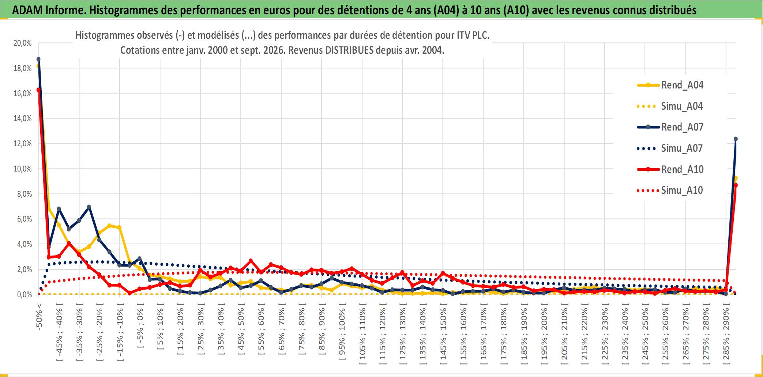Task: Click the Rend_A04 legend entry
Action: [670, 85]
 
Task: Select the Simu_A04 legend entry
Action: [670, 106]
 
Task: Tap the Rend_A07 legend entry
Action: [670, 127]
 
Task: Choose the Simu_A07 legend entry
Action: [670, 148]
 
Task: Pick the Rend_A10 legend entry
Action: [670, 169]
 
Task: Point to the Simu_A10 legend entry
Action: [670, 191]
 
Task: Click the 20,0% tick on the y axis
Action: [23, 43]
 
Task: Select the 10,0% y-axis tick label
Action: [23, 169]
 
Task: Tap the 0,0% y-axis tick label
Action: [24, 295]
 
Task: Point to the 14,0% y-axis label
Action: [23, 118]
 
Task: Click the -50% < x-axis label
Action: [39, 317]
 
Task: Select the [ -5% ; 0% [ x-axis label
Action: [140, 325]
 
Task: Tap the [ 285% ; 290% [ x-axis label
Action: [726, 333]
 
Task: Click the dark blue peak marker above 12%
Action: [736, 139]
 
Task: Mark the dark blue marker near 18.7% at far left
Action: [38, 59]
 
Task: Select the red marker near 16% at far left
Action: [38, 90]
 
